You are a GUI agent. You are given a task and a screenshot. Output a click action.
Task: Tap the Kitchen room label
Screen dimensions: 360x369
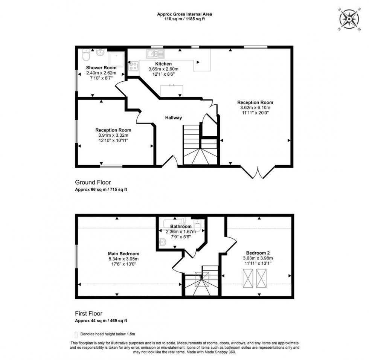point(163,64)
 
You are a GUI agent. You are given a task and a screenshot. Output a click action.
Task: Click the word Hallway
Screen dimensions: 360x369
point(173,118)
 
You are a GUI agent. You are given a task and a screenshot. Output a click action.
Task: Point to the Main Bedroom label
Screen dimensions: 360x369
point(124,254)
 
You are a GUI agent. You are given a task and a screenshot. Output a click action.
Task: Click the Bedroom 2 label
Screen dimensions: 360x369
point(258,253)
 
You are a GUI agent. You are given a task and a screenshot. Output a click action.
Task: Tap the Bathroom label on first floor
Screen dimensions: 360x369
point(181,227)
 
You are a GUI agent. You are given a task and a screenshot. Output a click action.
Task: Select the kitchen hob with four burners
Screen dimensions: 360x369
point(133,66)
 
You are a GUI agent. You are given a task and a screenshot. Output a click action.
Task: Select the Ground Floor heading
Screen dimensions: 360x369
point(93,182)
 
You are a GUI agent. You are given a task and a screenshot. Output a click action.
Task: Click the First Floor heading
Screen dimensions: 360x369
point(88,313)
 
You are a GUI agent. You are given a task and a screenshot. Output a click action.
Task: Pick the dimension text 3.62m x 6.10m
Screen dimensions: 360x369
point(255,107)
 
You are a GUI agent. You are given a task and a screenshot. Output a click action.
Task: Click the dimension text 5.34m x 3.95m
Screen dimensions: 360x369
point(124,259)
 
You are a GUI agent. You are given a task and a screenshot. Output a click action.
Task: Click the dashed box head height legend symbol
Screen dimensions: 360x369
point(77,334)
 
